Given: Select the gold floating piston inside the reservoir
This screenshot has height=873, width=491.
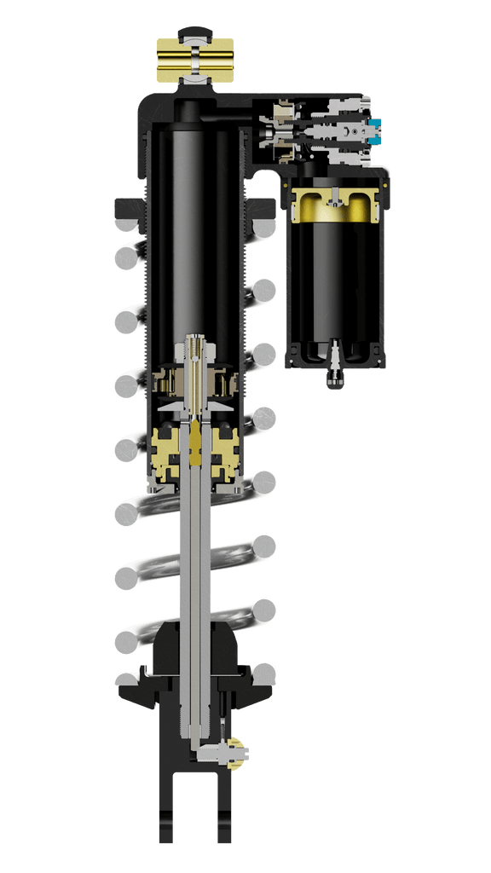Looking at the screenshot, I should pyautogui.click(x=337, y=205).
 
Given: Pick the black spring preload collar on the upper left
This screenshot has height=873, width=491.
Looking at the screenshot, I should pyautogui.click(x=125, y=206).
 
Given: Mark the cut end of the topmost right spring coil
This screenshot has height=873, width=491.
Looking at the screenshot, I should pyautogui.click(x=264, y=228).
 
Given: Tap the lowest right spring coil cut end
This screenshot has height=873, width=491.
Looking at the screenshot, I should pyautogui.click(x=264, y=674).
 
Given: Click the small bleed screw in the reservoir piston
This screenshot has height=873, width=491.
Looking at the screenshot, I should pyautogui.click(x=337, y=196).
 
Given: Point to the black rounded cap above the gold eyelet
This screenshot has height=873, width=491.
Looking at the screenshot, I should pyautogui.click(x=195, y=33).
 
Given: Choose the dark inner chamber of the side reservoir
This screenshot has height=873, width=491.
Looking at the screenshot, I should pyautogui.click(x=336, y=281).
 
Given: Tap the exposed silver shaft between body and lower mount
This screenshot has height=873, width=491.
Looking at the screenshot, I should pyautogui.click(x=195, y=554).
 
